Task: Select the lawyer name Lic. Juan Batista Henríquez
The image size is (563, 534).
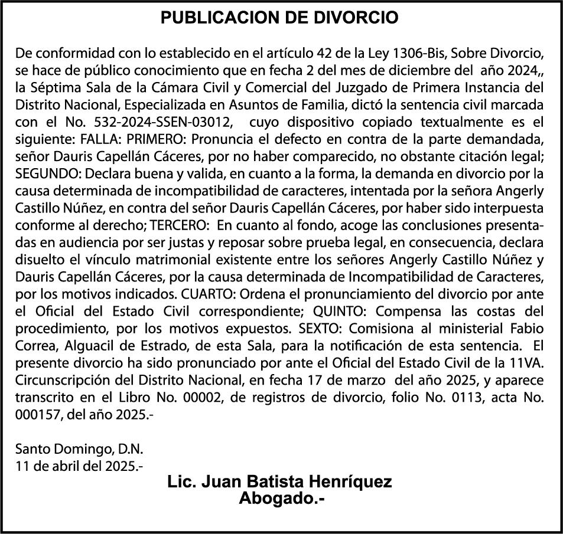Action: (x=279, y=482)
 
